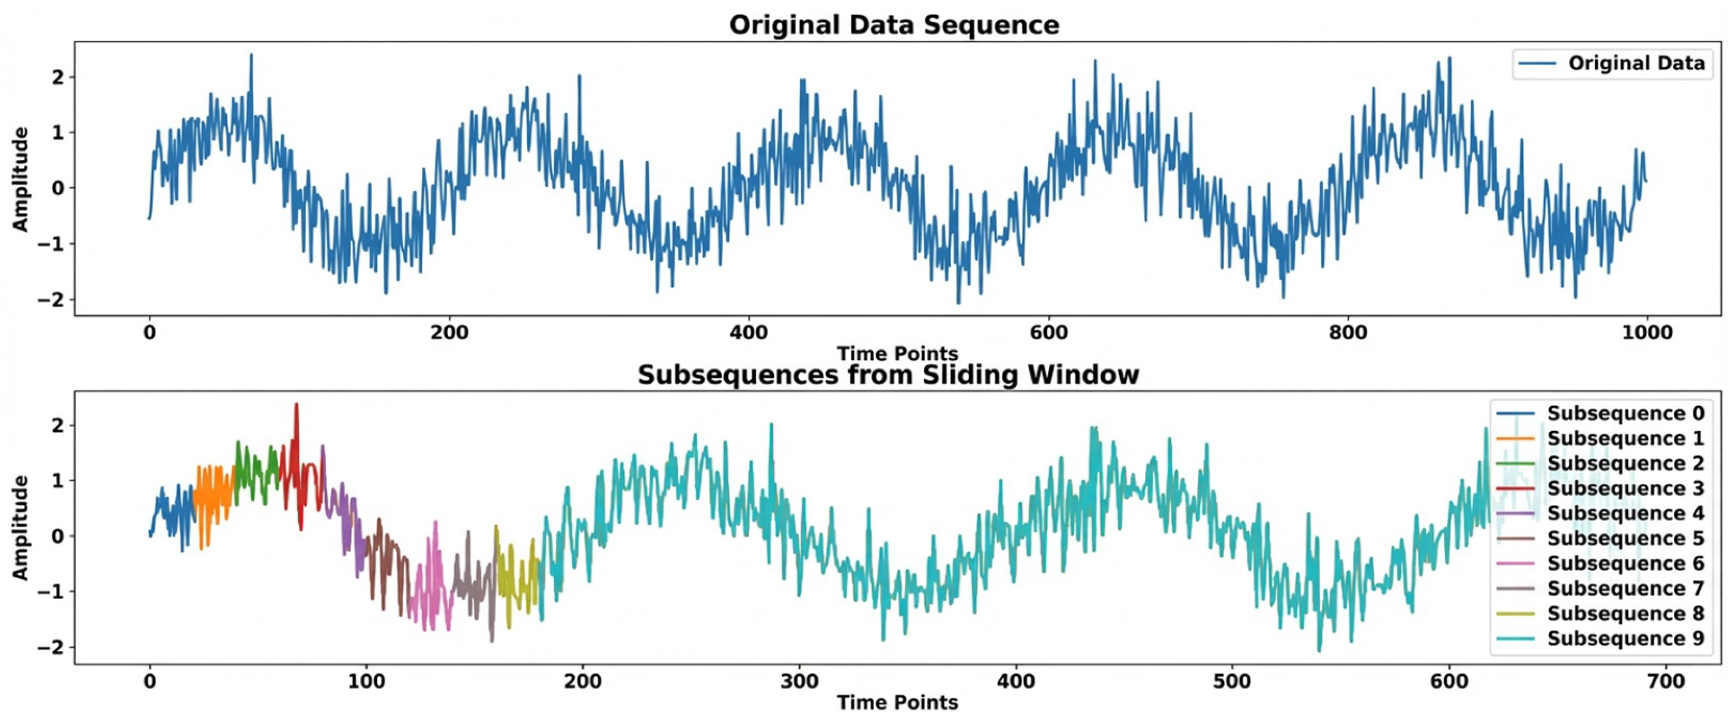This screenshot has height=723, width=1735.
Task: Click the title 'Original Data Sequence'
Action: pos(894,25)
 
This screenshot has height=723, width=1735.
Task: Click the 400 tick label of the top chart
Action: pos(749,332)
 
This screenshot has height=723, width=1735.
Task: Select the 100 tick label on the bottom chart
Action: pos(366,682)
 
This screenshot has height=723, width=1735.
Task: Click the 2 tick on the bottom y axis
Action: pos(60,425)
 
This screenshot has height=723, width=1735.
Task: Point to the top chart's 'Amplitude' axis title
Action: pos(22,179)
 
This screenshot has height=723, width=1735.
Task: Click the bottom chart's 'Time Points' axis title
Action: pos(897,703)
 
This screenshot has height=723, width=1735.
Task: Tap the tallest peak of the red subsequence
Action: pos(296,404)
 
